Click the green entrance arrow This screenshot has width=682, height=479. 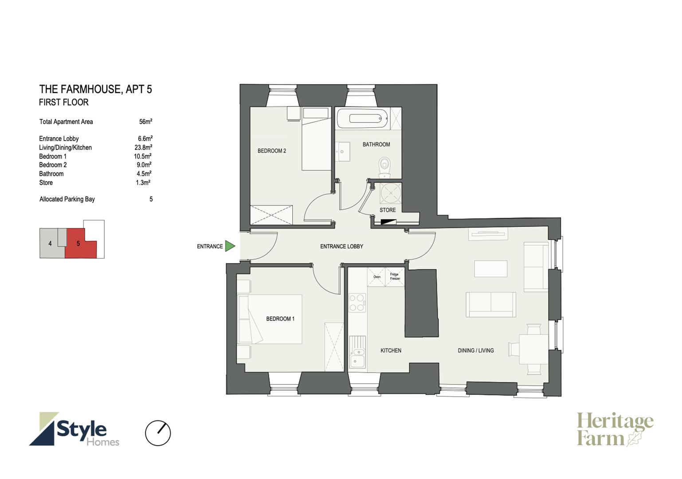[230, 246]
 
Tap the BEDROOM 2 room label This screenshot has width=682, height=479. [271, 151]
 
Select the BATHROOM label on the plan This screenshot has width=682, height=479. [376, 144]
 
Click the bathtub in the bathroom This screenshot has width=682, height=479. [362, 118]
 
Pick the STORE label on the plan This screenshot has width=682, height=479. [388, 210]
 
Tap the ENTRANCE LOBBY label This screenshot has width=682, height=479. [341, 246]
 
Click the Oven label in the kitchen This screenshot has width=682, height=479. [377, 277]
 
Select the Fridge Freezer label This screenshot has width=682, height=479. [395, 276]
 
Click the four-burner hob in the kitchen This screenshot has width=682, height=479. [357, 302]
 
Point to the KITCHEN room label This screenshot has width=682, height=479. [391, 350]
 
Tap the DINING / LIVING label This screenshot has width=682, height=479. [475, 350]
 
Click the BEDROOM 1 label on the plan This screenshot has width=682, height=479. [280, 319]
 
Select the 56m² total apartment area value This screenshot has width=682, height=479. [145, 122]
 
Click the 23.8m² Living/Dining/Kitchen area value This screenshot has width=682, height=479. [143, 147]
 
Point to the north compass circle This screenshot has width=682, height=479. [158, 433]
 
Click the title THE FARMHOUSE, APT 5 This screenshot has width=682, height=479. [95, 89]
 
